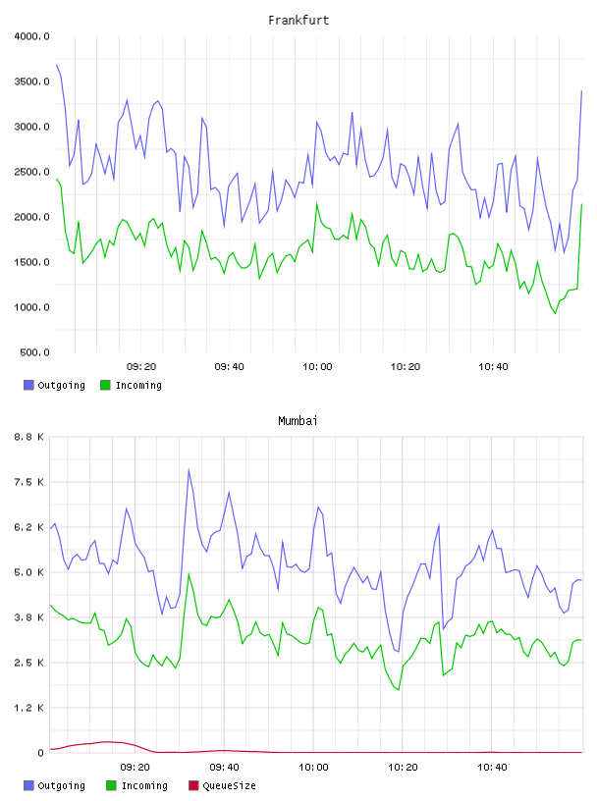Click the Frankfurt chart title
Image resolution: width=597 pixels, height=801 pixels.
(298, 21)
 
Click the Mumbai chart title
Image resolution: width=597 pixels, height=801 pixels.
(298, 421)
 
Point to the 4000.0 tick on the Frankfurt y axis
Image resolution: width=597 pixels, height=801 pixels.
(31, 36)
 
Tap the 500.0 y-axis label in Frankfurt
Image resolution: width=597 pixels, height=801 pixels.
(34, 352)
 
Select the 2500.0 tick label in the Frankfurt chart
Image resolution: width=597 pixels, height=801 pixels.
(31, 172)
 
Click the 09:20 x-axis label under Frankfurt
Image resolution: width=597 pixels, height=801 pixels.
(141, 367)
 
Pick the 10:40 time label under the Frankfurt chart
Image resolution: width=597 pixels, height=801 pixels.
(493, 367)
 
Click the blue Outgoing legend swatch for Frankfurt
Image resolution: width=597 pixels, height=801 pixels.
(28, 385)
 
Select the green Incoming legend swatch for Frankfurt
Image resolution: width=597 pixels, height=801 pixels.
(105, 385)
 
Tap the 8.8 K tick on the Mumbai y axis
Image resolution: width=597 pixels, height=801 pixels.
(28, 437)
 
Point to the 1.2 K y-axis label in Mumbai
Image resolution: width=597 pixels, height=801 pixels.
(28, 708)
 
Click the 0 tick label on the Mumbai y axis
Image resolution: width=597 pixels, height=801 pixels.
(40, 753)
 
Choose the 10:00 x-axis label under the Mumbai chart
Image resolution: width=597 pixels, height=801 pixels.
(313, 768)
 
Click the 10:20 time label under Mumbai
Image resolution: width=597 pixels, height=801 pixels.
(403, 768)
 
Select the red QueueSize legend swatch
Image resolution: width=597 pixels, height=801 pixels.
(193, 785)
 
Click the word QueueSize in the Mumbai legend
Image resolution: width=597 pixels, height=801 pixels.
(229, 785)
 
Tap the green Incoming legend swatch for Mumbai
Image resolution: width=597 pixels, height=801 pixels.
(111, 785)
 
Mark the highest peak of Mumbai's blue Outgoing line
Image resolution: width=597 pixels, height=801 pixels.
(189, 469)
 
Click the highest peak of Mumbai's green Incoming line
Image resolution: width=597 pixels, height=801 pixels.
(189, 574)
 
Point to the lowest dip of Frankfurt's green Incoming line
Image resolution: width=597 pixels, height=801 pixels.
(555, 313)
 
